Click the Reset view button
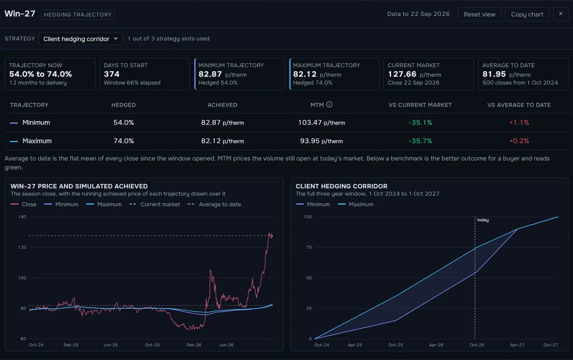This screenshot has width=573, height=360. pyautogui.click(x=480, y=14)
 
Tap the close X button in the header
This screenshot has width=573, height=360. pyautogui.click(x=560, y=14)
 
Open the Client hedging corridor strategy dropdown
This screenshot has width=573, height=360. pyautogui.click(x=81, y=39)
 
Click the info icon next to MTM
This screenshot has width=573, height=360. pyautogui.click(x=329, y=104)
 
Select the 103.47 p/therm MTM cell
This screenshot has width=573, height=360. pyautogui.click(x=322, y=122)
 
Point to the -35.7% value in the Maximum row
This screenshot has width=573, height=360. pyautogui.click(x=420, y=141)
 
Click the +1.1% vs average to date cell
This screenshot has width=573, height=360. pyautogui.click(x=519, y=122)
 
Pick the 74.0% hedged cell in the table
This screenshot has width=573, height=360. pyautogui.click(x=124, y=141)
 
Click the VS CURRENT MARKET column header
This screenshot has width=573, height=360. pyautogui.click(x=420, y=105)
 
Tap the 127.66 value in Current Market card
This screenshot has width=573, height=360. pyautogui.click(x=402, y=74)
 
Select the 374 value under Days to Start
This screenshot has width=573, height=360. pyautogui.click(x=111, y=74)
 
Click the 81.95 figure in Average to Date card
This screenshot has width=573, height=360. pyautogui.click(x=494, y=74)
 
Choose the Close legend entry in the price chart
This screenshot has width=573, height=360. pyautogui.click(x=24, y=204)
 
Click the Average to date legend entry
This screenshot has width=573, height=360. pyautogui.click(x=215, y=204)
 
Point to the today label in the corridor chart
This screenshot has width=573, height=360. pyautogui.click(x=483, y=220)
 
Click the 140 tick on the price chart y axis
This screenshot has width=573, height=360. pyautogui.click(x=22, y=217)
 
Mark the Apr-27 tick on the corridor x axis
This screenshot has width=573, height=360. pyautogui.click(x=517, y=345)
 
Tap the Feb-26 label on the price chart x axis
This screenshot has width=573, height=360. pyautogui.click(x=194, y=345)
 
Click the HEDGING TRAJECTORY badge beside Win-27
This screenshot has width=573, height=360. pyautogui.click(x=78, y=15)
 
